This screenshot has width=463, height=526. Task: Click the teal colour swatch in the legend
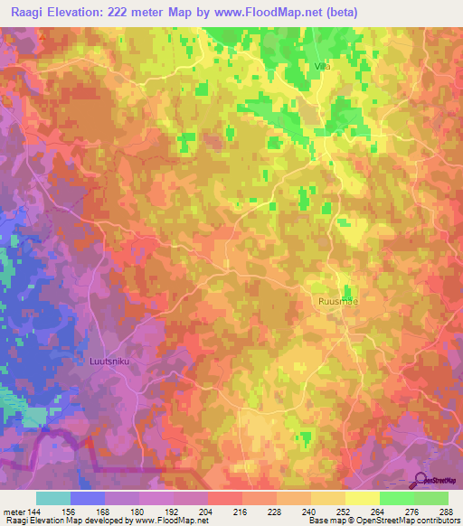pyautogui.click(x=53, y=498)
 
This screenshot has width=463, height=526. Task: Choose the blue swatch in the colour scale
pyautogui.click(x=88, y=498)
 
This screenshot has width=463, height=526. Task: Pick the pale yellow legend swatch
pyautogui.click(x=363, y=498)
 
